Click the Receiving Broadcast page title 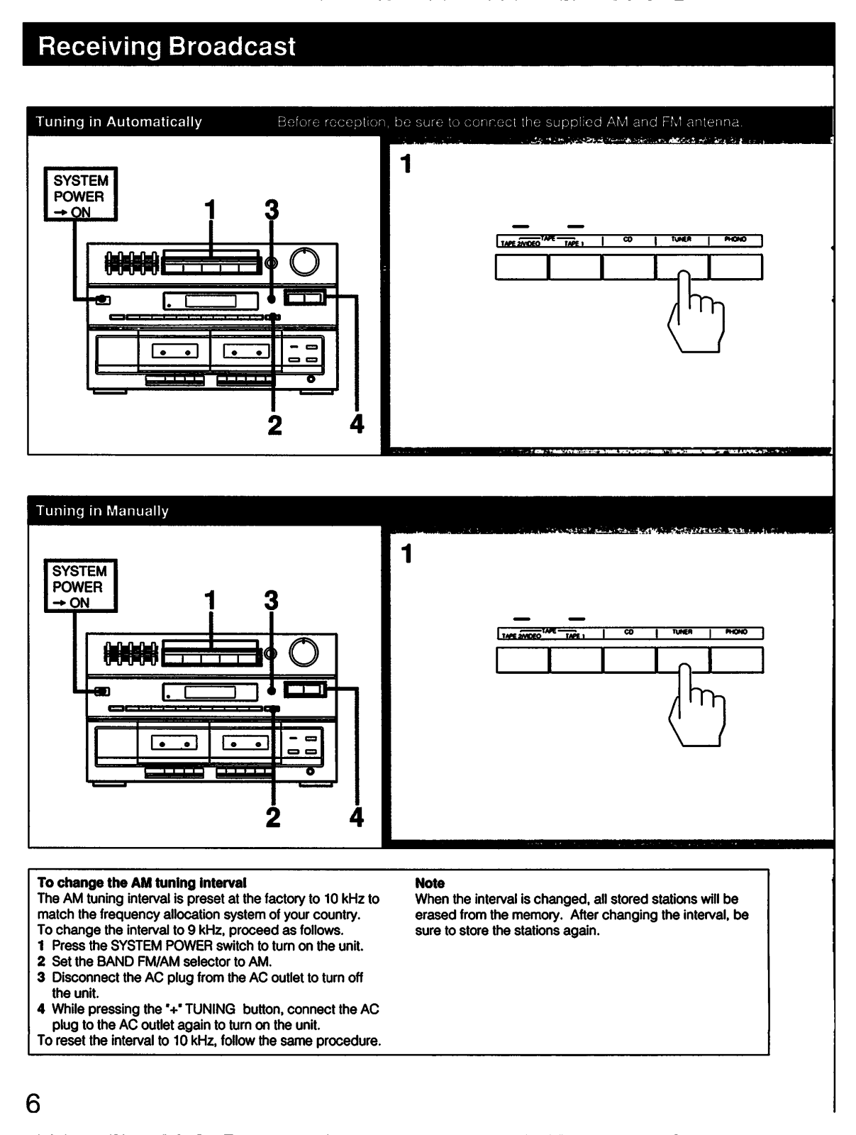tap(167, 46)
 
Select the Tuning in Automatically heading tap(118, 122)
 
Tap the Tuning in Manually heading tap(102, 511)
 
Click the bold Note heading tap(430, 883)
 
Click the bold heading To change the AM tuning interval tap(142, 883)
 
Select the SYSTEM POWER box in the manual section tap(79, 587)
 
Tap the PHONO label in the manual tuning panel tap(735, 632)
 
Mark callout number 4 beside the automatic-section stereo tap(357, 424)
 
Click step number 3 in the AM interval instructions tap(41, 978)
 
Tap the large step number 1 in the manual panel tap(406, 554)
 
